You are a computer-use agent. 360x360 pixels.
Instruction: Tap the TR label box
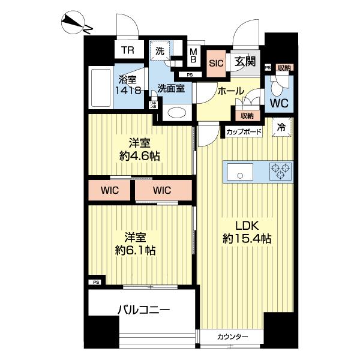tap(127, 51)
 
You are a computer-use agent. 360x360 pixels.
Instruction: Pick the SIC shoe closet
tap(215, 61)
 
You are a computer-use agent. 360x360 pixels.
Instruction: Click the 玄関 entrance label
tap(245, 61)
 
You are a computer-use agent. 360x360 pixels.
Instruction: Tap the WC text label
tap(278, 103)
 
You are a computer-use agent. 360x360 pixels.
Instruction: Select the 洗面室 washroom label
tap(170, 88)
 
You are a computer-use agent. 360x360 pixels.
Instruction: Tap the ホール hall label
tap(230, 91)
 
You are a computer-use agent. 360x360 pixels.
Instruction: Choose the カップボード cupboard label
tap(244, 130)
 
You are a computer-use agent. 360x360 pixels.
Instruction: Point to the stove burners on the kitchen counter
tap(280, 171)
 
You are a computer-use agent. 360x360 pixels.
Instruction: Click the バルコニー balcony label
tap(143, 310)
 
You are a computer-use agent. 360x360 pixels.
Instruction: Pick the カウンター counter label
tap(232, 337)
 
